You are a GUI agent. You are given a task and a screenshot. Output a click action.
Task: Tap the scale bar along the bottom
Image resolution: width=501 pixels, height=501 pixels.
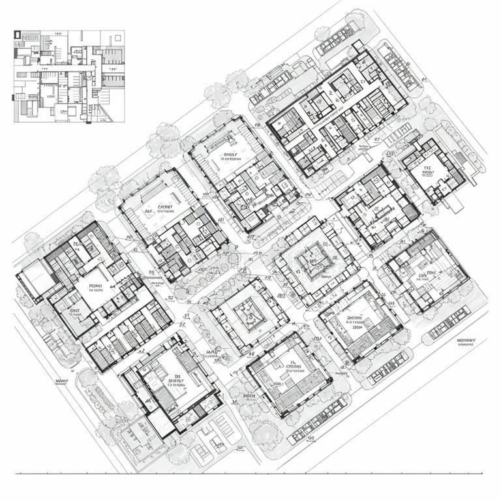coord(248,472)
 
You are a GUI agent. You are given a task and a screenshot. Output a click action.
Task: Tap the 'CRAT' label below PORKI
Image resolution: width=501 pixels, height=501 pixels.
coord(78,311)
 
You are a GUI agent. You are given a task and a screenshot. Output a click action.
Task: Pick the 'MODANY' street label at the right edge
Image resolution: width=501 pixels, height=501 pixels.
coord(466,341)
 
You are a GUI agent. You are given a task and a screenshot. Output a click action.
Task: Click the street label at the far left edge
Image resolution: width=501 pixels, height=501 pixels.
coord(62,381)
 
